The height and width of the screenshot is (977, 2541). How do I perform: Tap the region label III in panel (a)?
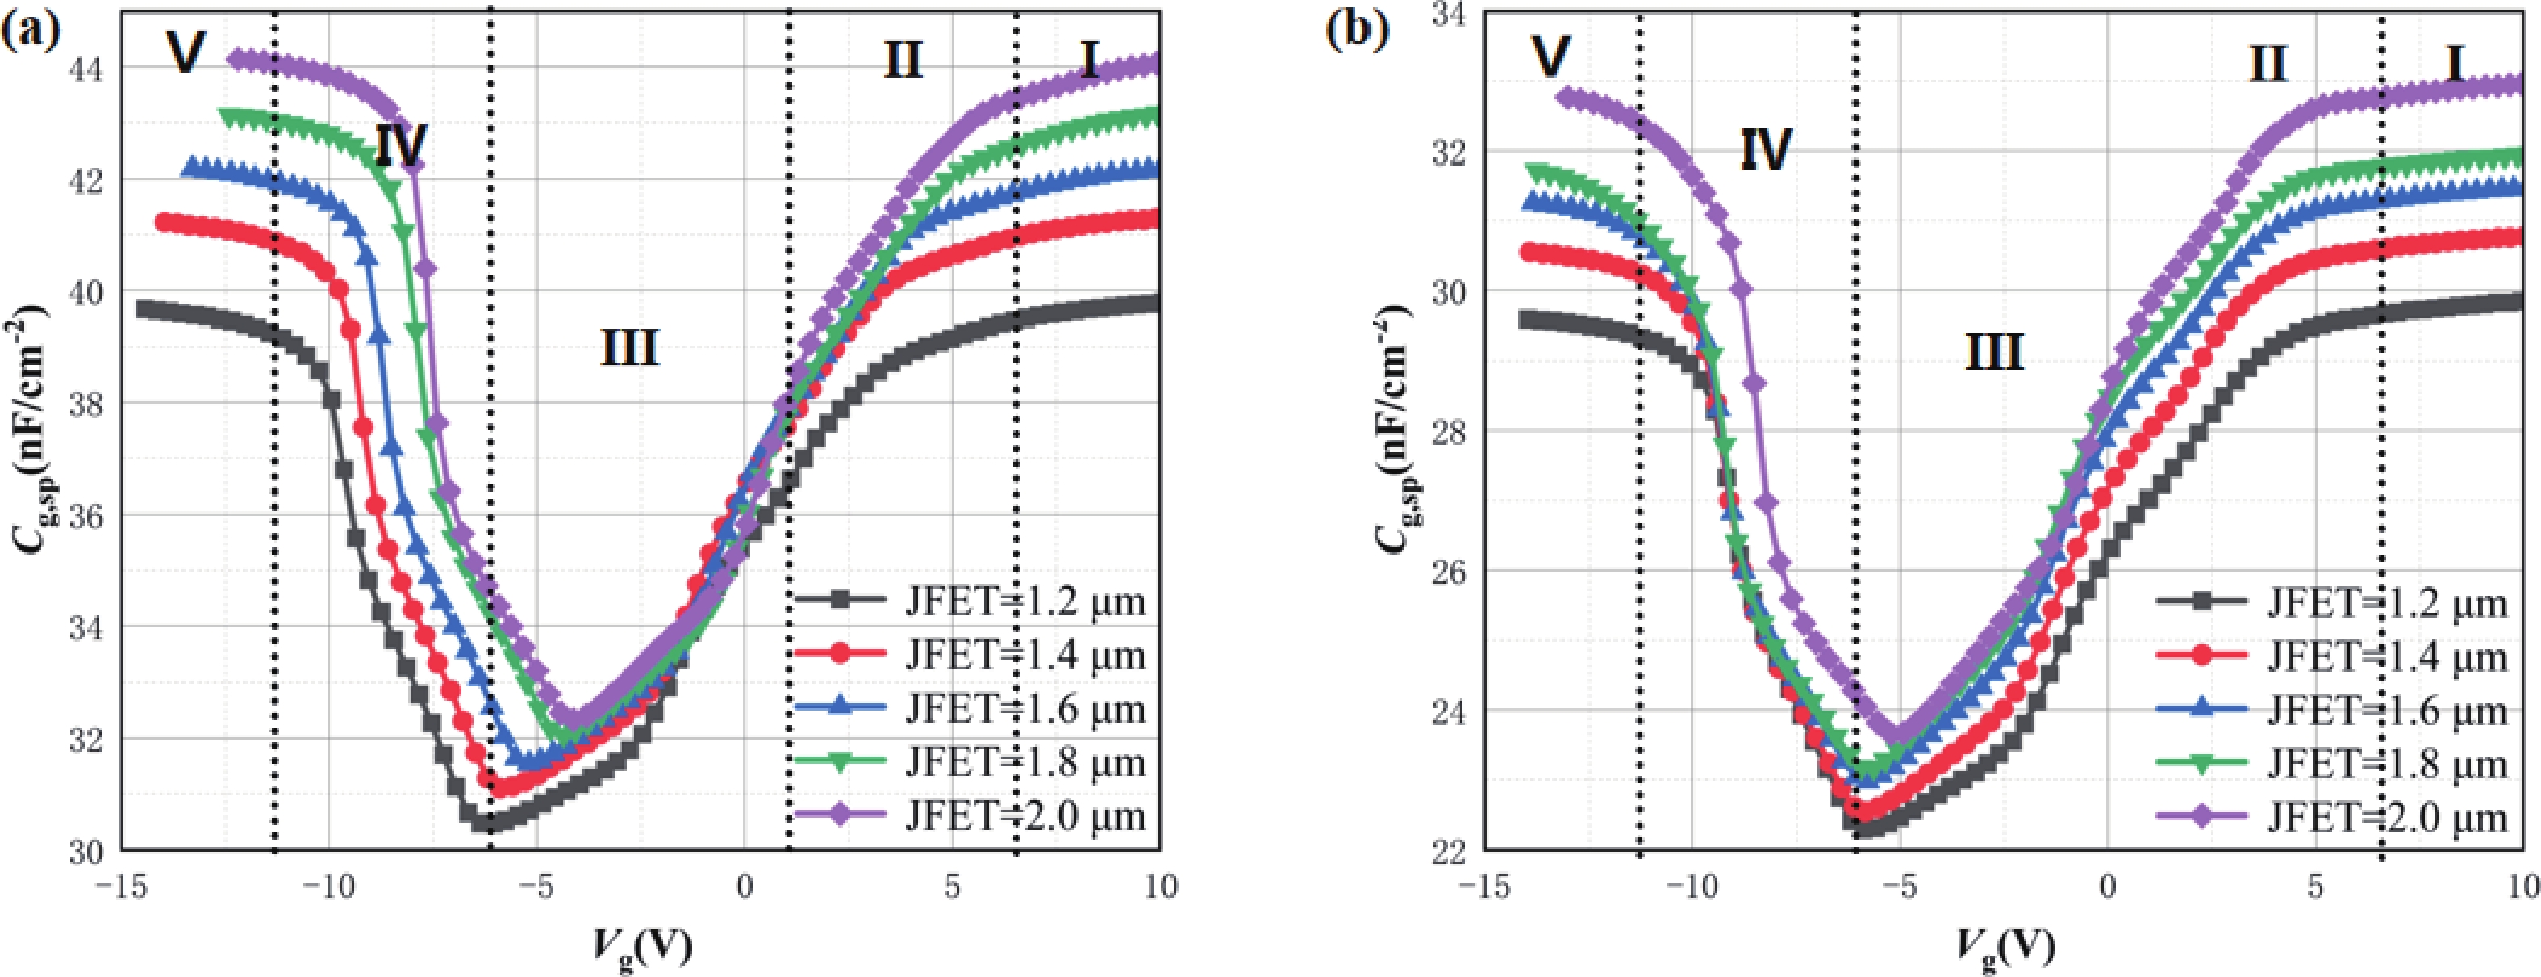tap(629, 347)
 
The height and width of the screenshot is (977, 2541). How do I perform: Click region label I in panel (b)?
tap(2454, 65)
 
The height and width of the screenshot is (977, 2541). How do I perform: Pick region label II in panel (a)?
tap(902, 61)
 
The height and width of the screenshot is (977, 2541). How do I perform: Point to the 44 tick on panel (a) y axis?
tap(87, 67)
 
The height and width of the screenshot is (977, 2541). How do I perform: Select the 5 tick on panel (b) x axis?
tap(2314, 888)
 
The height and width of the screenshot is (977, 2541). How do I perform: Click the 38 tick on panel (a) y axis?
tap(87, 403)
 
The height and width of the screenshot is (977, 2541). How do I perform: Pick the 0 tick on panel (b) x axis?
tap(2107, 888)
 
